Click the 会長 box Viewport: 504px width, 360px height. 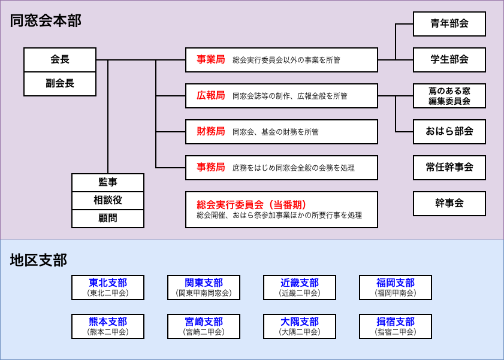tap(60, 60)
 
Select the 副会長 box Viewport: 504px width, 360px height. tap(60, 84)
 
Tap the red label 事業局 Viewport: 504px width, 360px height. tap(210, 60)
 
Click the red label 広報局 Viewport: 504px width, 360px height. tap(210, 96)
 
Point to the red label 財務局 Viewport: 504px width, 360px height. tap(210, 132)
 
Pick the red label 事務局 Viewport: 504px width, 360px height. tap(210, 168)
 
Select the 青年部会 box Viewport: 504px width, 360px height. tap(449, 24)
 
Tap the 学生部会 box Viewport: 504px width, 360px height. tap(449, 60)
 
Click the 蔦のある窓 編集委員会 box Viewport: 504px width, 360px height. tap(449, 96)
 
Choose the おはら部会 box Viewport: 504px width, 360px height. tap(449, 132)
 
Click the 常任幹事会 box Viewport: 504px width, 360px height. tap(449, 168)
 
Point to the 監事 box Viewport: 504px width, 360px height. tap(108, 183)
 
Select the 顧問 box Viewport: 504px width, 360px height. tap(108, 219)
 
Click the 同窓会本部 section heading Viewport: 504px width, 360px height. tap(46, 21)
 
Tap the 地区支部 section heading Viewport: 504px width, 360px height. tap(38, 260)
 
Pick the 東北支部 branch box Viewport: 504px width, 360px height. tap(108, 288)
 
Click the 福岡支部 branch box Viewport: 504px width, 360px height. tap(396, 288)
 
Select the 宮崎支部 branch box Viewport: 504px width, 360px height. tap(204, 326)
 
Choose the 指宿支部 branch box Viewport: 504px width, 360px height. tap(396, 326)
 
